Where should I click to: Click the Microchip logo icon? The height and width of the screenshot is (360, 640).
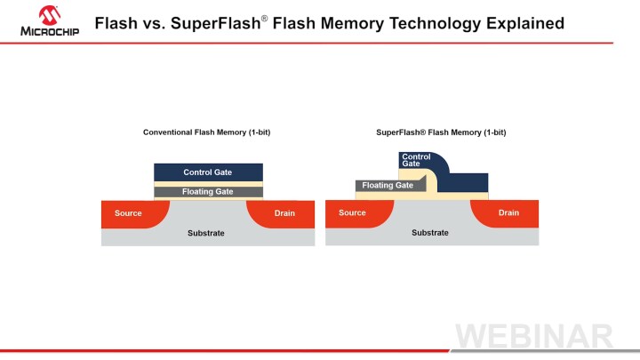[x=48, y=14]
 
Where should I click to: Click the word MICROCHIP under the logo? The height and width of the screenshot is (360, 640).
[x=49, y=31]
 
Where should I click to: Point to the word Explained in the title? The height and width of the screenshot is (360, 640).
[x=521, y=23]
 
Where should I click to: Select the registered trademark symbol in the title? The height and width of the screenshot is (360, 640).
[x=263, y=17]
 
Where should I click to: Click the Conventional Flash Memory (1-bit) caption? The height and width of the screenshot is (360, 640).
[x=207, y=132]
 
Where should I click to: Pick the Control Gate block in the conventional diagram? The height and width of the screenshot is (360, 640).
[x=208, y=172]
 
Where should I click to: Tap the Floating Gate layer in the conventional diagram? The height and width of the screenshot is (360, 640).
[x=208, y=192]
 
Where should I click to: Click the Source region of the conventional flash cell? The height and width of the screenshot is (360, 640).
[x=129, y=213]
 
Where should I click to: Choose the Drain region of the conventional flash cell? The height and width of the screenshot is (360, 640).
[x=284, y=213]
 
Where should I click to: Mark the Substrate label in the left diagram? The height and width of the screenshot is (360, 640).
[x=206, y=233]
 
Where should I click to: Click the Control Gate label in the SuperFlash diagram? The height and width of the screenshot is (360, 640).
[x=416, y=161]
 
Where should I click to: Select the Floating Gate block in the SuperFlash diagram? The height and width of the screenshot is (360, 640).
[x=388, y=186]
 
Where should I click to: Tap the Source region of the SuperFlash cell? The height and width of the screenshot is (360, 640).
[x=353, y=213]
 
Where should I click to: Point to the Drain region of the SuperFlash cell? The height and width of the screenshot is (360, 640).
[x=508, y=213]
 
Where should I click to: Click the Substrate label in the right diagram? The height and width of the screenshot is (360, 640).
[x=430, y=233]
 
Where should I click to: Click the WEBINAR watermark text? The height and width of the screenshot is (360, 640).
[x=534, y=337]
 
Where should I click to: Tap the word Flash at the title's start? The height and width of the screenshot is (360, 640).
[x=116, y=23]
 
